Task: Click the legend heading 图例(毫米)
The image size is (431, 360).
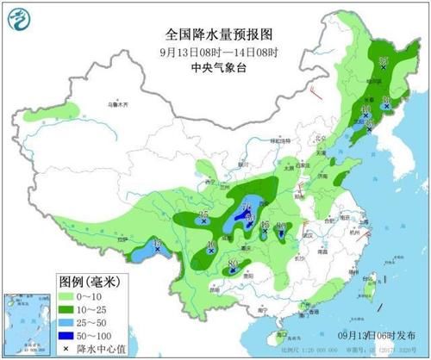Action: coord(91,281)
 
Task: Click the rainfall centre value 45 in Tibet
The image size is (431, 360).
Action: coord(157,246)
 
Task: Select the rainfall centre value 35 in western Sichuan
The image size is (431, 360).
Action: coord(204,215)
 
